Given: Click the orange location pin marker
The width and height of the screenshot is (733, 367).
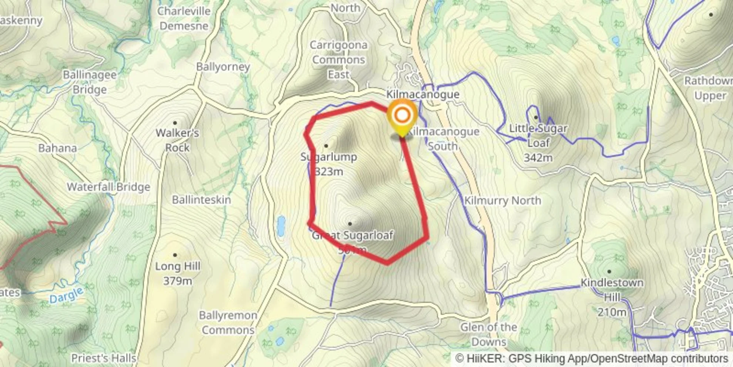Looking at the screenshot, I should (402, 116).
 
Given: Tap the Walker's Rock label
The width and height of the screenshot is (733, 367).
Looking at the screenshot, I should (177, 140).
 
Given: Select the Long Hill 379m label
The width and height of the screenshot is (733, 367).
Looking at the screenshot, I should (177, 273).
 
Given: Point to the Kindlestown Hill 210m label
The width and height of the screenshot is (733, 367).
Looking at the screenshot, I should (612, 297).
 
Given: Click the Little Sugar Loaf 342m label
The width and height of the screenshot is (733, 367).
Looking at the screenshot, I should (538, 143).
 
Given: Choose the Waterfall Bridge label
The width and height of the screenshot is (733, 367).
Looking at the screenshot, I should (108, 187).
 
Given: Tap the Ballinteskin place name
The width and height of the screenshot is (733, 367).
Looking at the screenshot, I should (201, 200).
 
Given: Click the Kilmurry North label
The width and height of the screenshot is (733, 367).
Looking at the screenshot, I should (502, 201).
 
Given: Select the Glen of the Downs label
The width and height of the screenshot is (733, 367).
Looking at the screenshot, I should (489, 334).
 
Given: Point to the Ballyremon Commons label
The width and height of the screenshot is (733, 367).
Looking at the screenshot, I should (228, 323).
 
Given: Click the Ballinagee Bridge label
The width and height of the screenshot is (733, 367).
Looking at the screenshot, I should (90, 82).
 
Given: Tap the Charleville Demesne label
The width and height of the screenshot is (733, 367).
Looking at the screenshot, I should (184, 19).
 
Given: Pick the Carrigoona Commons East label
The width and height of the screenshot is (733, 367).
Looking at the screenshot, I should (338, 60).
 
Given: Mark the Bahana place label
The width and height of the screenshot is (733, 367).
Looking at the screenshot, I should (58, 148).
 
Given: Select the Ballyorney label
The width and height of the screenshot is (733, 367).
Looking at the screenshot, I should (223, 67).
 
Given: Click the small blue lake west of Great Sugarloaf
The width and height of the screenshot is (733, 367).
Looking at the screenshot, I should (281, 226).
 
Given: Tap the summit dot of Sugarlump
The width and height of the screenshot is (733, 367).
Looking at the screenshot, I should (326, 146).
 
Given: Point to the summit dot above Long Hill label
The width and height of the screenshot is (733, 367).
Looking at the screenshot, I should (175, 255).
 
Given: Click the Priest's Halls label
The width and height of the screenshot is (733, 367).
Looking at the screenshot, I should (104, 358).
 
